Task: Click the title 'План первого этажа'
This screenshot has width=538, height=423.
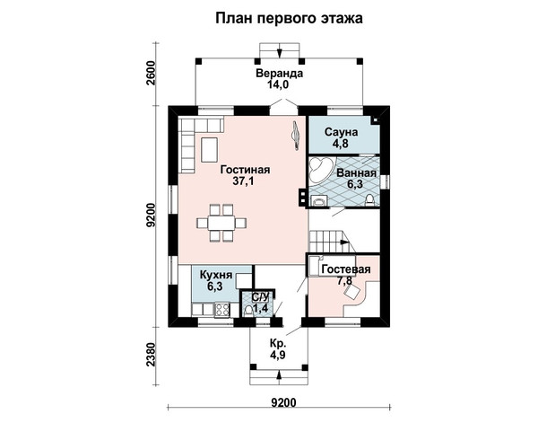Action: [289, 18]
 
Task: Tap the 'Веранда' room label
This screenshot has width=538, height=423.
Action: [280, 73]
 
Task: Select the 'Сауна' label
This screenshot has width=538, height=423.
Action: [341, 132]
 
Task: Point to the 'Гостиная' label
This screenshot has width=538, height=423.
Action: [246, 170]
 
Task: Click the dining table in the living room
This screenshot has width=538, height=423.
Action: [221, 223]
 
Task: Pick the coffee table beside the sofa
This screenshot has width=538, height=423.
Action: [209, 149]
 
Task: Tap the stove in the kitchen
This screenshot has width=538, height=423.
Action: [222, 309]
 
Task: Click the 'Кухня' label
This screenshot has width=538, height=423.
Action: [216, 275]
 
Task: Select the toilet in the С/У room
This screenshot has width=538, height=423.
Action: [248, 311]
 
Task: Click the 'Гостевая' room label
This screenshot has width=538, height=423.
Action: [346, 269]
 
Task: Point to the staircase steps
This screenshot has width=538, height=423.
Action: [325, 242]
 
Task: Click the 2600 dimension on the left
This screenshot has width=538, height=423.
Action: [151, 73]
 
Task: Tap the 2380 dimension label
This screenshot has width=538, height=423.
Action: [151, 354]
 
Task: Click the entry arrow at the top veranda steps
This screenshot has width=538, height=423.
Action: [280, 51]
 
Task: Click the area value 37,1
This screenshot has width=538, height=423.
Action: [243, 181]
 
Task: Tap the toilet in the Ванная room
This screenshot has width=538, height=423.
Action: [369, 200]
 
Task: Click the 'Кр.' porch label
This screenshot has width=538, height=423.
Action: [277, 344]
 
